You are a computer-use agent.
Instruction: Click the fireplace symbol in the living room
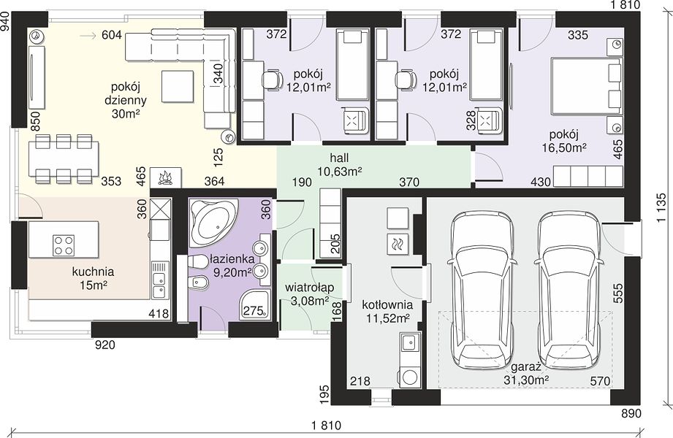click(166, 177)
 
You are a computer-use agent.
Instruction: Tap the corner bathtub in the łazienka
click(213, 222)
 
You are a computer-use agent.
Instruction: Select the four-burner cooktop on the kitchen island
click(64, 245)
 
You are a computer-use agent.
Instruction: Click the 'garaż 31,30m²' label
click(528, 373)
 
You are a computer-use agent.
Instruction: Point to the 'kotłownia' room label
click(387, 304)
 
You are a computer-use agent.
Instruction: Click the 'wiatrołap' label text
click(309, 288)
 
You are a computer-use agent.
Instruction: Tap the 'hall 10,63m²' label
click(340, 164)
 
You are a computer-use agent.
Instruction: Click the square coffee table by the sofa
click(178, 86)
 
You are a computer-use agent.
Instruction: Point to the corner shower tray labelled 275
click(255, 304)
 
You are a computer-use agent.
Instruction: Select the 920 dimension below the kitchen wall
click(104, 344)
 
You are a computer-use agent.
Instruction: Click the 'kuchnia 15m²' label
click(93, 278)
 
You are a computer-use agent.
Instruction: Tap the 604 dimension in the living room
click(112, 35)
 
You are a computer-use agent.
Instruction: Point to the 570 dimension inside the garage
click(600, 380)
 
